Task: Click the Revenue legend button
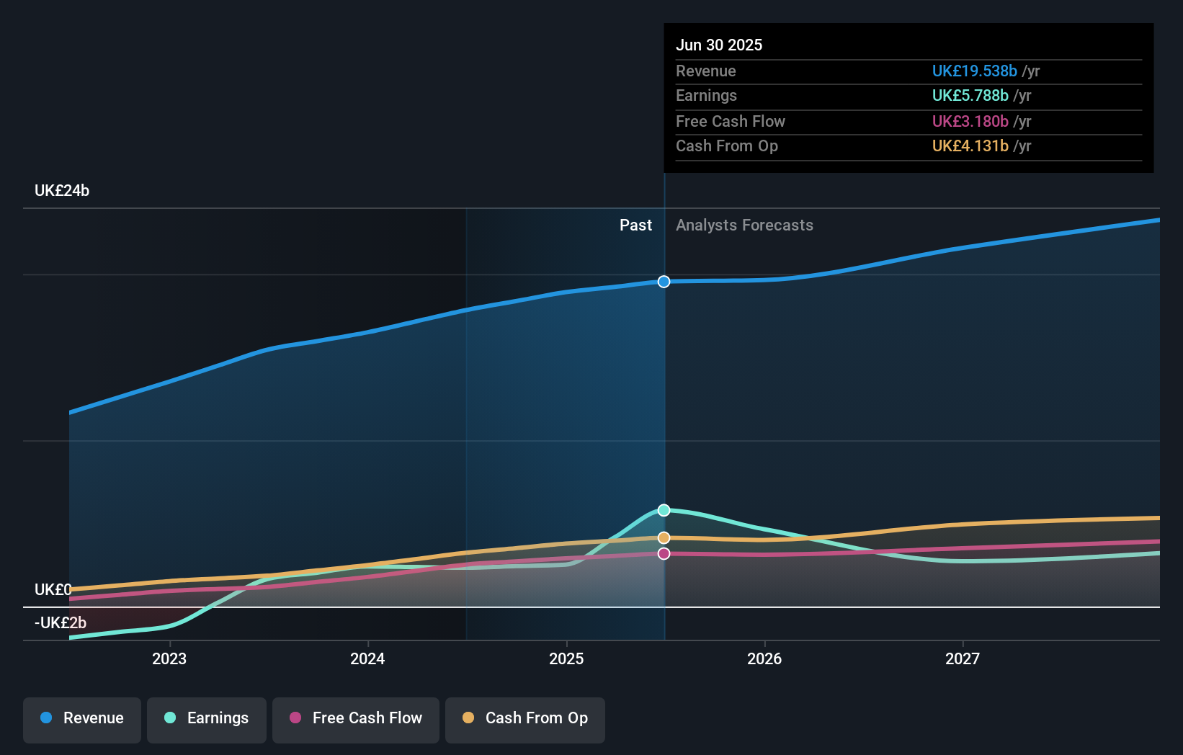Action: (82, 718)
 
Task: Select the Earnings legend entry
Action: (207, 718)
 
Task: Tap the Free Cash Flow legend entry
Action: (356, 718)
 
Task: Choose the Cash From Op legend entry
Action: (525, 718)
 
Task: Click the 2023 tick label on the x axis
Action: (169, 658)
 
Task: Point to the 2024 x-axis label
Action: (367, 658)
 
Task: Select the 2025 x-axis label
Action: (566, 658)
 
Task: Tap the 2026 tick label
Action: (764, 658)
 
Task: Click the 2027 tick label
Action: (963, 658)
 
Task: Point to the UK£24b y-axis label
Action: (62, 191)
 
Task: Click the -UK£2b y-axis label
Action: (61, 622)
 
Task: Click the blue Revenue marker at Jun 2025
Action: (664, 282)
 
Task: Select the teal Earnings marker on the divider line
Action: (664, 510)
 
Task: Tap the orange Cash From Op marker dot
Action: (664, 537)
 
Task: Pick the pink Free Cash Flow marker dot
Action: (664, 553)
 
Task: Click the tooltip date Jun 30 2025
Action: (719, 45)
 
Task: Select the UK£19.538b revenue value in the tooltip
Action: (974, 71)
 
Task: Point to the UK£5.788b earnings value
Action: (970, 96)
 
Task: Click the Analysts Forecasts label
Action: (744, 225)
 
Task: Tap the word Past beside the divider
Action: (635, 225)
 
